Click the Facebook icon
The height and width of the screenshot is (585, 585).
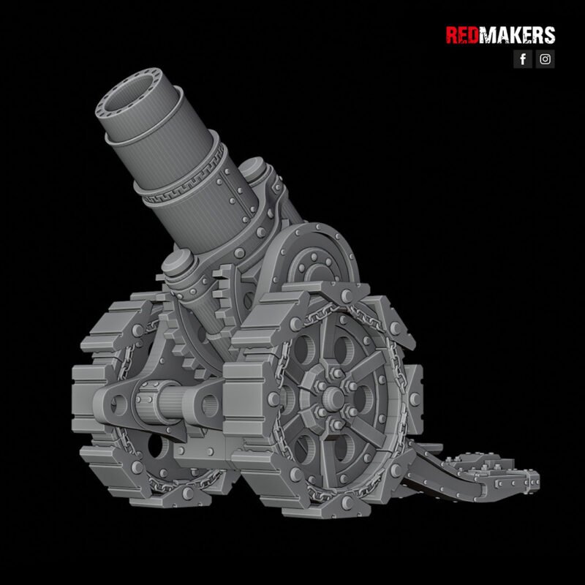pos(522,59)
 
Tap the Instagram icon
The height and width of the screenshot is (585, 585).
pos(546,59)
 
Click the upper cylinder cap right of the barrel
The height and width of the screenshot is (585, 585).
pos(255,172)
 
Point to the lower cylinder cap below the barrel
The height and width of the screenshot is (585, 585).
pos(178,264)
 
